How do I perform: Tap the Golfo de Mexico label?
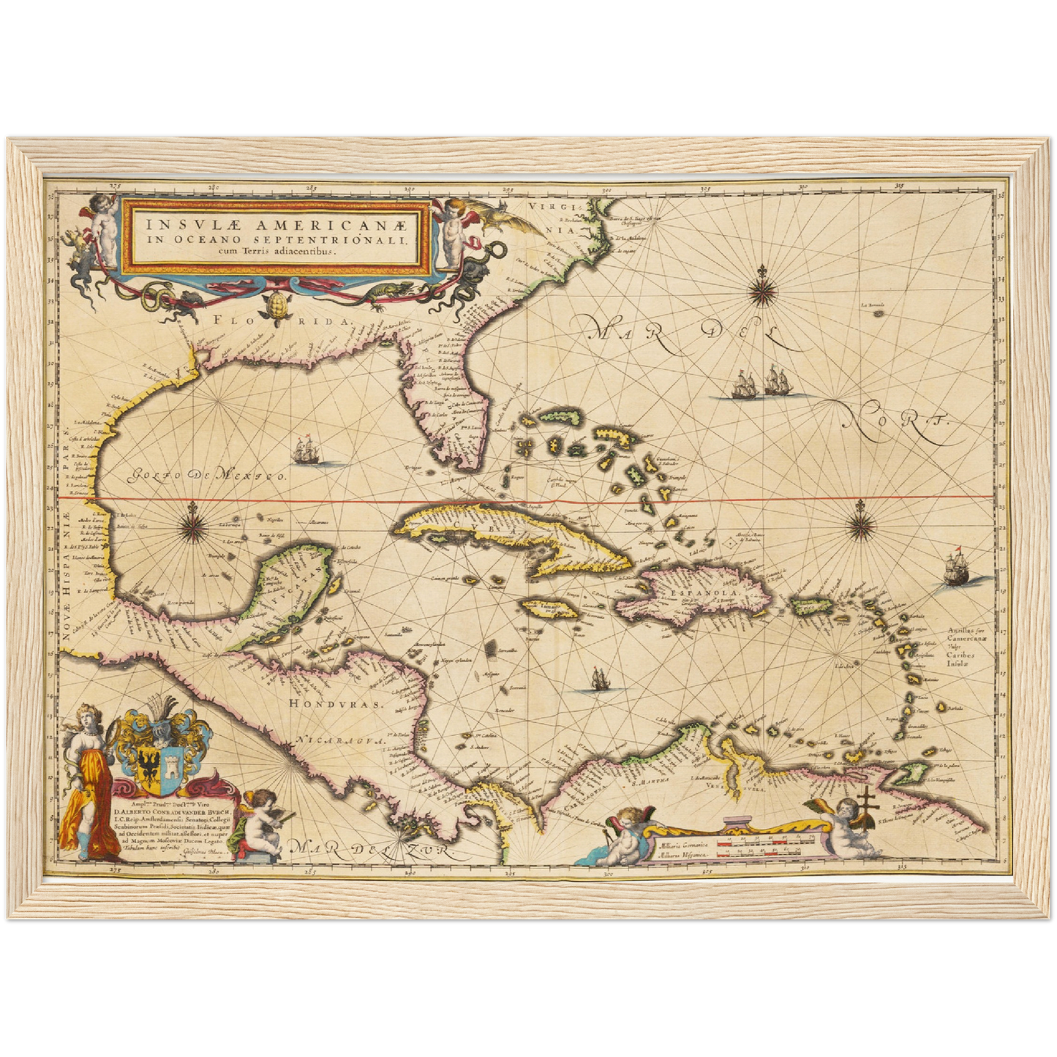207,476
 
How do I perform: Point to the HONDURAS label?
336,704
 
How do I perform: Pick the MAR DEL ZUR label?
372,849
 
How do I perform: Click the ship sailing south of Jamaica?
599,680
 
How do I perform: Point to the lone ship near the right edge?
957,567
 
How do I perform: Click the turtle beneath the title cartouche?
276,307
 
